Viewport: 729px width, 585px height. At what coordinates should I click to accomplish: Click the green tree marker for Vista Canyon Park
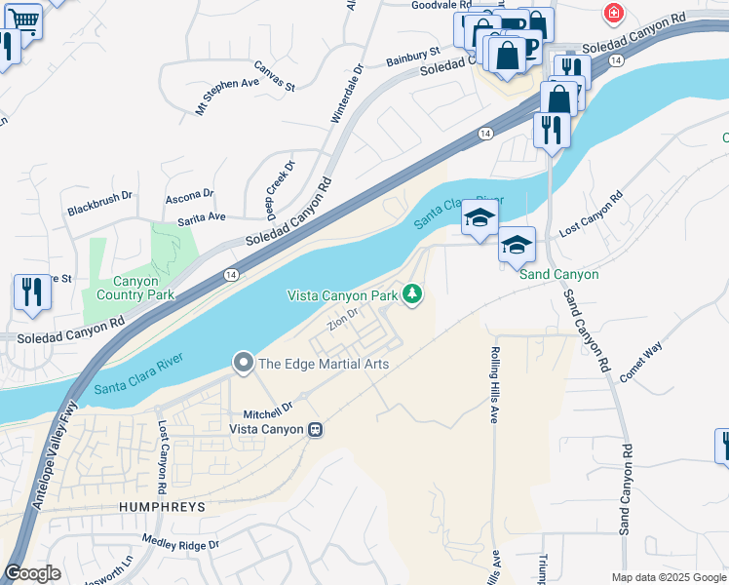[x=413, y=293]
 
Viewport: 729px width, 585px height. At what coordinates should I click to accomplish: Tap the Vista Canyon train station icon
[x=315, y=429]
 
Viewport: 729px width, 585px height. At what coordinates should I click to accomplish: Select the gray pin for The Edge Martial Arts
[x=243, y=364]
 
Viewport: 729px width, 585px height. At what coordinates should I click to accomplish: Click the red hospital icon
[x=613, y=14]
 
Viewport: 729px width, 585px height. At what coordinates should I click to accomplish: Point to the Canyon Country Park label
[x=135, y=287]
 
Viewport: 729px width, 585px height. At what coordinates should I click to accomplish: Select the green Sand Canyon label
[x=558, y=275]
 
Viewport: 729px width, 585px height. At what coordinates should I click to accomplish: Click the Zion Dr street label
[x=344, y=320]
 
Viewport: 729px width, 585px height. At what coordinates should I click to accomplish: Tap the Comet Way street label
[x=639, y=361]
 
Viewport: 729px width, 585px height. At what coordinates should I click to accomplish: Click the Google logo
[x=32, y=573]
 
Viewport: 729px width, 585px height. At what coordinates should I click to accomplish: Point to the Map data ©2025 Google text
[x=668, y=577]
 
